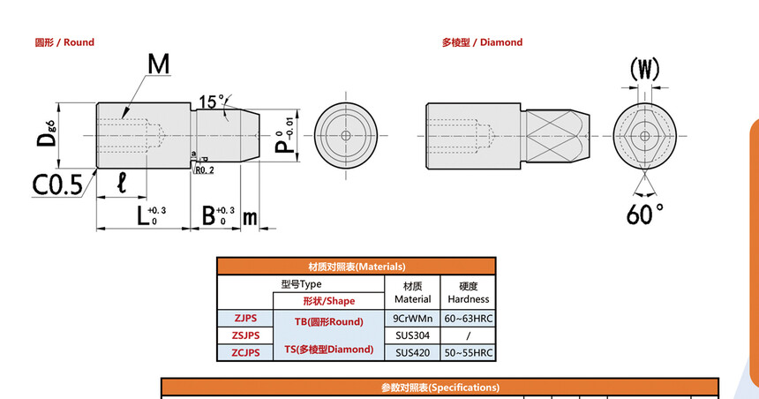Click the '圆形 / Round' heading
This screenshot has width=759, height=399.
64,42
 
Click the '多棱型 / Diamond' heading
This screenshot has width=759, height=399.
482,42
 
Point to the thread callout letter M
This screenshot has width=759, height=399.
159,64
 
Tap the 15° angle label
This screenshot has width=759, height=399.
212,102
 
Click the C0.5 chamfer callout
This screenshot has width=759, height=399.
57,185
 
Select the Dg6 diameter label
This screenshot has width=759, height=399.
47,134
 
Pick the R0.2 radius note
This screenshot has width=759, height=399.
204,170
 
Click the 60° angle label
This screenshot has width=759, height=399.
644,214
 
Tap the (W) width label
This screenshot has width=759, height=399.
644,69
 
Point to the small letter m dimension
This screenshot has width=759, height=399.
250,217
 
